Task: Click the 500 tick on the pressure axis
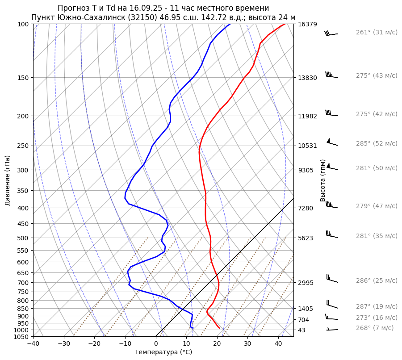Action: [x=23, y=238]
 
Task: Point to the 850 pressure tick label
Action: [x=23, y=309]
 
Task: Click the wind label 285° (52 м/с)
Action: [x=377, y=144]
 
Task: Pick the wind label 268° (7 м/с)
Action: [x=375, y=328]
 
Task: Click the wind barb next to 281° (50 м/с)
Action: [x=332, y=168]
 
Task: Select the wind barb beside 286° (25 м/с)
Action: [x=332, y=280]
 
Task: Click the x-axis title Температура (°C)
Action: [x=163, y=352]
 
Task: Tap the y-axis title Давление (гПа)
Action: [x=8, y=180]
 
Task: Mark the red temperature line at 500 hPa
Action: [x=210, y=238]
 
